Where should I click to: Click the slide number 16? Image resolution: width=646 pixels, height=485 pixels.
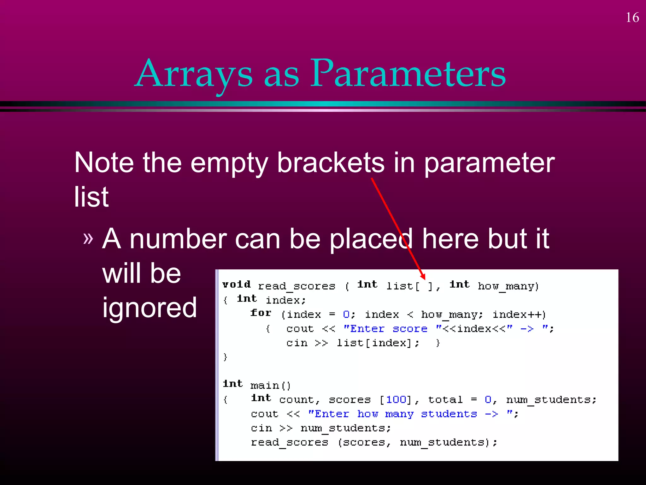coord(632,18)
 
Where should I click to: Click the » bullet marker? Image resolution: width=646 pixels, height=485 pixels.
coord(88,238)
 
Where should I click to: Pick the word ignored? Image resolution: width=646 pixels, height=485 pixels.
coord(150,308)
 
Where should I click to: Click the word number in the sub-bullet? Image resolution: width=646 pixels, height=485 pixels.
coord(179,239)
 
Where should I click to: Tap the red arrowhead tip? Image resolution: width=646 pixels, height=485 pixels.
coord(424,278)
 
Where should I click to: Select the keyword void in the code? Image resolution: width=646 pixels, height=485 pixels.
coord(237,284)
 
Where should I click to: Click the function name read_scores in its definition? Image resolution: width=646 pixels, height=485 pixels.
coord(297,286)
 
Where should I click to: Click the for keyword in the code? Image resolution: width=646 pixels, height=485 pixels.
coord(261,313)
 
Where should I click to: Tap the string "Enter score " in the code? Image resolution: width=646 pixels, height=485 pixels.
coord(385,329)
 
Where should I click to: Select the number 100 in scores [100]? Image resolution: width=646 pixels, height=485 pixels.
coord(396,400)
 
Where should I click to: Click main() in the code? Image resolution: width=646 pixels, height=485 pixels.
coord(270,386)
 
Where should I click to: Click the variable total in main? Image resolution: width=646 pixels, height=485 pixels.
coord(445,400)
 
